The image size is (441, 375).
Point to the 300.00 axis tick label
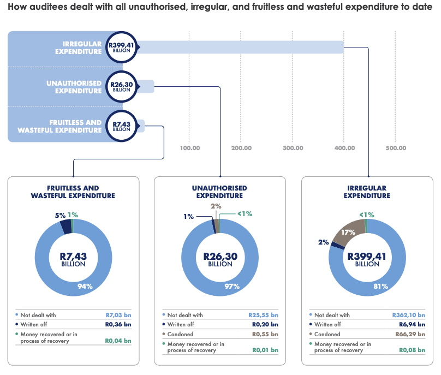(x=293, y=148)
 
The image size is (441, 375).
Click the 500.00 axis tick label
(x=396, y=148)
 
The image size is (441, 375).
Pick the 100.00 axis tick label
(x=189, y=148)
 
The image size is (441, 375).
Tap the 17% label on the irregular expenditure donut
(x=348, y=233)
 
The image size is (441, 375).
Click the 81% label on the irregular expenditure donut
(x=380, y=286)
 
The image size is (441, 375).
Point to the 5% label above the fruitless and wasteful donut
(x=59, y=215)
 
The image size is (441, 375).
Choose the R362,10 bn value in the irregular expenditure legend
(x=409, y=315)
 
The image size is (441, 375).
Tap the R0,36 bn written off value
(x=118, y=324)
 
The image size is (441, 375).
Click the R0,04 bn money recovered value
(x=118, y=341)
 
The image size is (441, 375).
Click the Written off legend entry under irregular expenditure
(x=327, y=324)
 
